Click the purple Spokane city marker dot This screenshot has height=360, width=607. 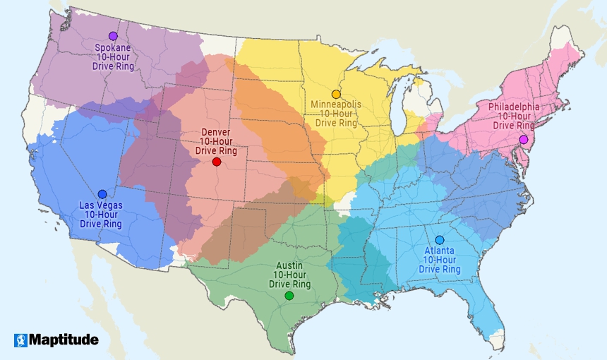113,36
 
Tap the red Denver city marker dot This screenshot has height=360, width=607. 217,162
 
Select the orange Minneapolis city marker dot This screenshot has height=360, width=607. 336,94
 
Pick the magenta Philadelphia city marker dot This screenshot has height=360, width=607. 523,140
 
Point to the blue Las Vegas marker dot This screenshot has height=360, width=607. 102,194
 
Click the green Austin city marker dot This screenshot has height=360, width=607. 289,296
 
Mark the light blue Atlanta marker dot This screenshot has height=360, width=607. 440,240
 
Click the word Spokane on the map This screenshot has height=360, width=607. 113,48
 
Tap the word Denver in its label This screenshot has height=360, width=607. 215,132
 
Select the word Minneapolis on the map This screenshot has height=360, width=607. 336,104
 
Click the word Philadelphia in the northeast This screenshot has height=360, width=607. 513,107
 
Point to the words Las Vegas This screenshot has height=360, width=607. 101,206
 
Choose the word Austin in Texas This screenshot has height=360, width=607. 289,266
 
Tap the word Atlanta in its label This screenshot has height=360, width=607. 440,251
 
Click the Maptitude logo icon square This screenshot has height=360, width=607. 20,340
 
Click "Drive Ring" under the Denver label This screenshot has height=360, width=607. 215,150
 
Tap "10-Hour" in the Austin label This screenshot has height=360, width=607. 289,275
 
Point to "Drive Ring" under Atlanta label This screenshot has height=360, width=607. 440,270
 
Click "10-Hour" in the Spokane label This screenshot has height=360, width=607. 113,57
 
